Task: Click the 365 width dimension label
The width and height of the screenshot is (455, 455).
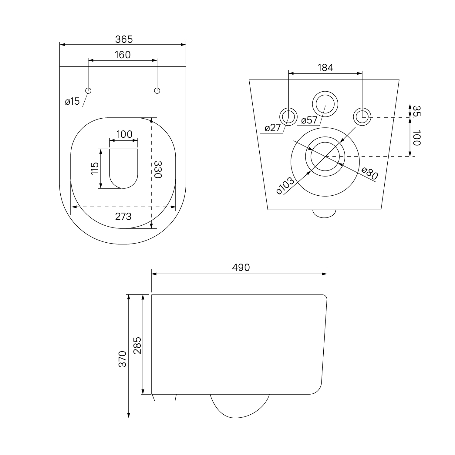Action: point(124,39)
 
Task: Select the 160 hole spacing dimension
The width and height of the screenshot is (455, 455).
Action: point(123,55)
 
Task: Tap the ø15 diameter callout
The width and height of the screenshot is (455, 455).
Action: point(72,102)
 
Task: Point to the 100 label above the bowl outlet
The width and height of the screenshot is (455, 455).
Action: point(124,134)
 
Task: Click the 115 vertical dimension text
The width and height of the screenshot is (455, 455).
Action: point(95,168)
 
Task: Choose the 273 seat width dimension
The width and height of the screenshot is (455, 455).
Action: point(123,216)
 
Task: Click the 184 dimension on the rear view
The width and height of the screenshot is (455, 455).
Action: point(325,68)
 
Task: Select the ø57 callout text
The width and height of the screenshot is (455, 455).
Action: point(309,120)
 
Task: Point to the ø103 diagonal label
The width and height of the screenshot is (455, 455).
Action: point(285,186)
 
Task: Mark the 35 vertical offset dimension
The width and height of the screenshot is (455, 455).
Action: point(417,111)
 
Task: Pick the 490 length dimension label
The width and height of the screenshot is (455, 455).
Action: point(241,267)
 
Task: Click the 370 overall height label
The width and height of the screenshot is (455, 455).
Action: point(122,359)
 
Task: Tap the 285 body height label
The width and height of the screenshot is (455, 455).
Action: point(137,345)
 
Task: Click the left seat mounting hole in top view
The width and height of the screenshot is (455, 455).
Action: point(88,90)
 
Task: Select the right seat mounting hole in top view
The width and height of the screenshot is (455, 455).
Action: point(157,90)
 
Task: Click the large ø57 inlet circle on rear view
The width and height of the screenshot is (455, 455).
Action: point(325,103)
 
